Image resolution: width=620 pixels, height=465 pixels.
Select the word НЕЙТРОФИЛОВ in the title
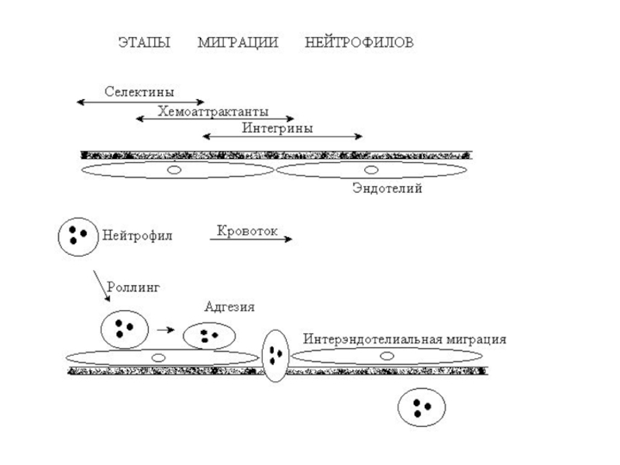[359, 43]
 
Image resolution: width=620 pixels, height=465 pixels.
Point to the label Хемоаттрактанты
[213, 110]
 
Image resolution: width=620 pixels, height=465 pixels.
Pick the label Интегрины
[277, 129]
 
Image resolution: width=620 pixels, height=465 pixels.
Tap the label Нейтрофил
[138, 236]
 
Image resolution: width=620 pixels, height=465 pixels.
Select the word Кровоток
[247, 230]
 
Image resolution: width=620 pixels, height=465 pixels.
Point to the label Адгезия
[229, 307]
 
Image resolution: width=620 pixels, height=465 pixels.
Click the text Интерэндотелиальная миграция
[405, 339]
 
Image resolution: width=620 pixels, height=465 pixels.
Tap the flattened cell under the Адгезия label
[208, 336]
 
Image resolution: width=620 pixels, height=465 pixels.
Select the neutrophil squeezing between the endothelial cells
[275, 356]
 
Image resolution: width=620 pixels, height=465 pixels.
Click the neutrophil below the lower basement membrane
[422, 407]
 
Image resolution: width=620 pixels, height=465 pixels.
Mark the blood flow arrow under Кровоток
[250, 240]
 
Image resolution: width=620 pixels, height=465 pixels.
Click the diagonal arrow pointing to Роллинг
[102, 286]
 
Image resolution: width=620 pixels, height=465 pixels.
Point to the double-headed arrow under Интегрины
[282, 138]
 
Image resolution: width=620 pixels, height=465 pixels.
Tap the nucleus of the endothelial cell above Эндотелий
[371, 170]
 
